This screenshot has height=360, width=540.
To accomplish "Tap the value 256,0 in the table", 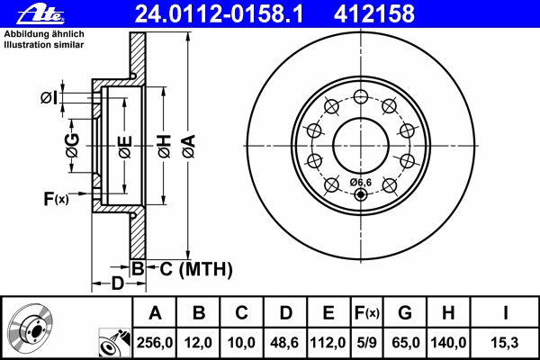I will pyautogui.click(x=155, y=343).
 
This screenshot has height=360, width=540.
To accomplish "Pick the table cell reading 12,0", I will pyautogui.click(x=199, y=343).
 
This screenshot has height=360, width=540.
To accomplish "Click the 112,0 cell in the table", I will pyautogui.click(x=328, y=343).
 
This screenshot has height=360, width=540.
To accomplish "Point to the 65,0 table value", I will pyautogui.click(x=406, y=343).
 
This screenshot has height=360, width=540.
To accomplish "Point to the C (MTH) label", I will pyautogui.click(x=190, y=268).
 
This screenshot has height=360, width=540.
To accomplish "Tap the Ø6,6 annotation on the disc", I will pyautogui.click(x=359, y=183).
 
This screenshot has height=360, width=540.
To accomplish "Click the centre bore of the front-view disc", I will pyautogui.click(x=360, y=143).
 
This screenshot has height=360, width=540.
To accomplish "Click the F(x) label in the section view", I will pyautogui.click(x=56, y=198).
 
